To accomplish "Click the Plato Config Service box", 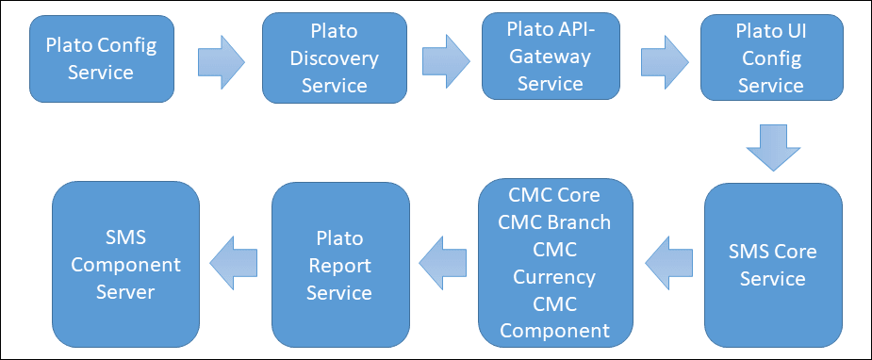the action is pos(102,58).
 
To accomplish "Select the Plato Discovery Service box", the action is pos(335,58).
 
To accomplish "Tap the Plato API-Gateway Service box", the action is pos(551,57).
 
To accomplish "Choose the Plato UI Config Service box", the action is pos(771,57).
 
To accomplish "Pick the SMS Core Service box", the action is pos(773,265).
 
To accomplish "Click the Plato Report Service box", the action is pos(340,265).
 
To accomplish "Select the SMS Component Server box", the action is pos(125,265).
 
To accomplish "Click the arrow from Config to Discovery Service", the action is pos(222,62).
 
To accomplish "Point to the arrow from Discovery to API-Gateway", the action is pos(446,61).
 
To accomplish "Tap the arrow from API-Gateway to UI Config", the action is pos(665,61).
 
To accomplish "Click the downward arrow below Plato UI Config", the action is pos(773,148).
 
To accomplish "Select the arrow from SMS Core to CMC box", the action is pos(669,262).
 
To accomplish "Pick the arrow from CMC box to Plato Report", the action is pos(443,262).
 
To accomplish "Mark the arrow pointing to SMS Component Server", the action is pos(234,262).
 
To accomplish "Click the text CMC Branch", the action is pos(554,222).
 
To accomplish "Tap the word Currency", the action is pos(554,277).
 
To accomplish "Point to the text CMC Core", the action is pos(554,195).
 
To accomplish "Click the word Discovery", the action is pos(335,58).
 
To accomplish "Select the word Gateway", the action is pos(551,57).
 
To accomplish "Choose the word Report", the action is pos(339,266).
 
